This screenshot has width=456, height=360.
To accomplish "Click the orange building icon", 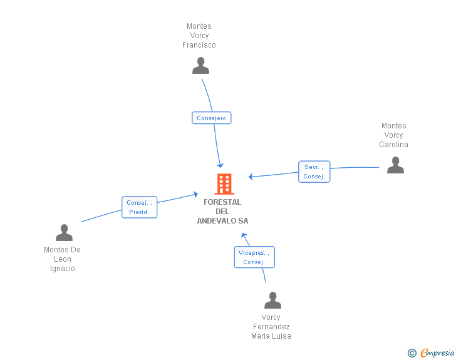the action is (x=224, y=184).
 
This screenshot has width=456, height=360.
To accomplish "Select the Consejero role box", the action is (x=212, y=118).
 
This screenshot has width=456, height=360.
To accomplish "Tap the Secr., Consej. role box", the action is (x=314, y=172).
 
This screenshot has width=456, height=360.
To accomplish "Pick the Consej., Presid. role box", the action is (x=139, y=207).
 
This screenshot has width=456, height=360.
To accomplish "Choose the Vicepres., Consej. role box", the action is (x=254, y=257).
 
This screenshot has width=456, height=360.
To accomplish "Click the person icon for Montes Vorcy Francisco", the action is (x=200, y=66).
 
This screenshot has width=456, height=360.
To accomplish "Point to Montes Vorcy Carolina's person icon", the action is (x=395, y=165).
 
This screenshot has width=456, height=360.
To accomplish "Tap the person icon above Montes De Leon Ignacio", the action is (x=64, y=233).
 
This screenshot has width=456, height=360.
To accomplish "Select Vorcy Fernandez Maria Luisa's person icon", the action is (x=273, y=300).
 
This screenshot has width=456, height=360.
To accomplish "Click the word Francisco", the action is (x=199, y=45).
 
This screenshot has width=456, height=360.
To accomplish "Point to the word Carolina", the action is (x=393, y=145).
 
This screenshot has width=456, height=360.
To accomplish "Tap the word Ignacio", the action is (x=63, y=269).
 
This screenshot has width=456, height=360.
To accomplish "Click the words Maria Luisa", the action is (x=271, y=336).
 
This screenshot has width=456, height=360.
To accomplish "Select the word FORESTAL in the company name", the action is (x=222, y=202).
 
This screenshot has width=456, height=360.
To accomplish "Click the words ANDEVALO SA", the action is (x=222, y=221).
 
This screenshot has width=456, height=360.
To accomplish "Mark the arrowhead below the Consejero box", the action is (x=220, y=165).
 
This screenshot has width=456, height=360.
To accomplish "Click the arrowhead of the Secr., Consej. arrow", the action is (x=251, y=177).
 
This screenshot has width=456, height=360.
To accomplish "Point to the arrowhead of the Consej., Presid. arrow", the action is (x=195, y=194).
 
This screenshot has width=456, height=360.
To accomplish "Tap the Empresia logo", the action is (x=437, y=353).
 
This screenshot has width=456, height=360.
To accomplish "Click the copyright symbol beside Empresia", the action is (x=412, y=353).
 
